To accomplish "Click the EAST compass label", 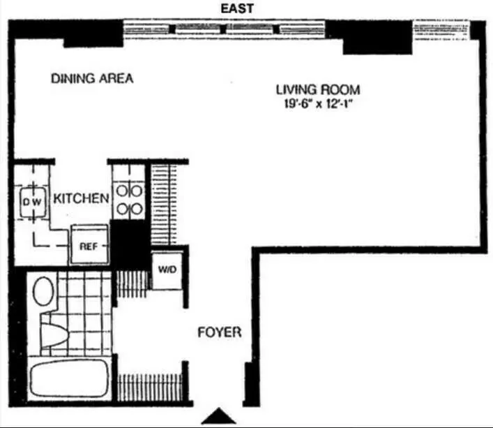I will click(238, 8).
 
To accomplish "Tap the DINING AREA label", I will click(92, 78).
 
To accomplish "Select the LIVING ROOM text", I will click(318, 89).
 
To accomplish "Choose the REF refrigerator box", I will click(88, 246).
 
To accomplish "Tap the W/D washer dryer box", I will click(167, 270).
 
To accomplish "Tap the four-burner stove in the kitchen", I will click(129, 199).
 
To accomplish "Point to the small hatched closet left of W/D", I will click(132, 283).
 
